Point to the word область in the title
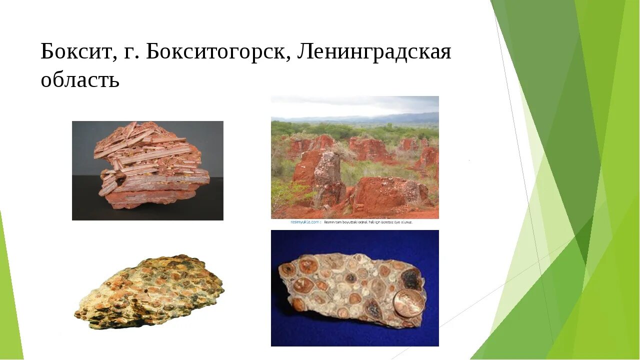tap(80, 79)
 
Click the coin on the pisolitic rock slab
tap(408, 303)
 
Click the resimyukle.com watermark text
tap(304, 222)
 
